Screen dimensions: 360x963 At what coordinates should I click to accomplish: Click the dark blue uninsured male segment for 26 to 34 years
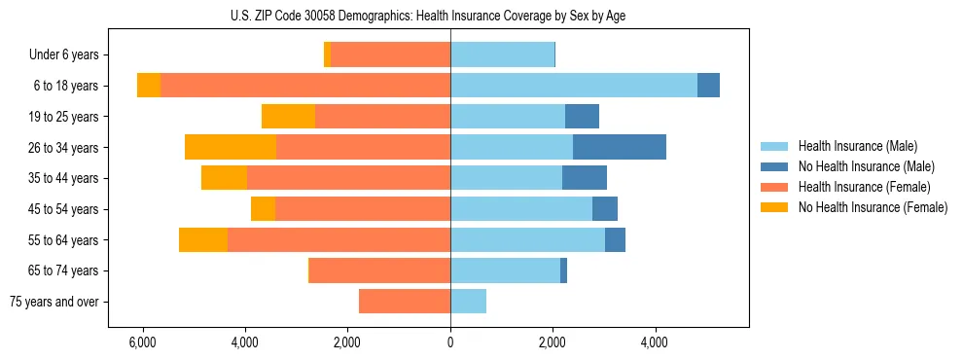[620, 147]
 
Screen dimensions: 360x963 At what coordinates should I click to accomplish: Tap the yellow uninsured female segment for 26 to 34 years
[231, 147]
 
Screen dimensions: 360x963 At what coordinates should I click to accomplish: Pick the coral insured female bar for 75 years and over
[405, 302]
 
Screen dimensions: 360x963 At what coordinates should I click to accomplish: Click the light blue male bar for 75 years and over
[468, 302]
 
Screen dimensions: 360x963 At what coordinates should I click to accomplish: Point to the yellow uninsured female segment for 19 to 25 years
[288, 117]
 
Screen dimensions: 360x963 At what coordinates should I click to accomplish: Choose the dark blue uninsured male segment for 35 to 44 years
[585, 178]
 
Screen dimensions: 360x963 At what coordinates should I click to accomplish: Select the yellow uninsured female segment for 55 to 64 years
[203, 239]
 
